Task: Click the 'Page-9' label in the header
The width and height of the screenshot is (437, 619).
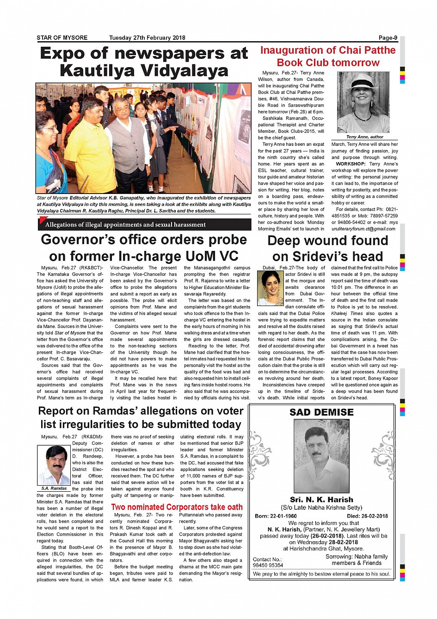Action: (388, 38)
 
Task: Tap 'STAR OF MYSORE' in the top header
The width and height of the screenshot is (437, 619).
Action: (62, 38)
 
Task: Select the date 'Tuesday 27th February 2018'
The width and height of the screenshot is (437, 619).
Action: (147, 38)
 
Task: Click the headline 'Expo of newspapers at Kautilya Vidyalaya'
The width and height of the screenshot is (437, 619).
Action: (144, 62)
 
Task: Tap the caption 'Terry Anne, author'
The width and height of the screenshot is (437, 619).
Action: (364, 137)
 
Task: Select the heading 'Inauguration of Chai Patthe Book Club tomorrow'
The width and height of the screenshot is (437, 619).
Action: (328, 56)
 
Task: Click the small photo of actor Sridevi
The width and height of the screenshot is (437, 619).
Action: (270, 288)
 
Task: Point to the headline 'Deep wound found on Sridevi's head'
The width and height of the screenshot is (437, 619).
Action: (327, 249)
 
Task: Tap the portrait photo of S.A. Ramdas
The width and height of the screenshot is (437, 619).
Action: (54, 465)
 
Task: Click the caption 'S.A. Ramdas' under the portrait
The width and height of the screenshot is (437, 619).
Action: (54, 488)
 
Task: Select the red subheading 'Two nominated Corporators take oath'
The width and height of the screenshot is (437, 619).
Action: (177, 507)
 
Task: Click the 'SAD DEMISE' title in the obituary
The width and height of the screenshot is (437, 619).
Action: (321, 412)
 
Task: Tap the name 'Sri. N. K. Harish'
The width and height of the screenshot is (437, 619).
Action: (321, 500)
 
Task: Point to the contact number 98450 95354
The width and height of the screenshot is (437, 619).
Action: (268, 565)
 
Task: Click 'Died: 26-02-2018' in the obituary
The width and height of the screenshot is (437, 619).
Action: (367, 516)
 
